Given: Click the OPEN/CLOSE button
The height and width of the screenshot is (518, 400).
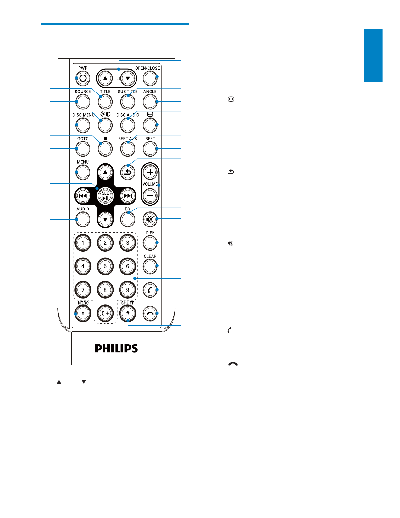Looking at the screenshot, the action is (x=150, y=78).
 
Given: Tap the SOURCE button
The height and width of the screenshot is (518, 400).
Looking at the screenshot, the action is (x=83, y=102).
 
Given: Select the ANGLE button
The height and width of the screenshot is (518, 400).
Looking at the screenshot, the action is (x=150, y=102).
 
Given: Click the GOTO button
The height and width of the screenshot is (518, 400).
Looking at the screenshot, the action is (x=83, y=149).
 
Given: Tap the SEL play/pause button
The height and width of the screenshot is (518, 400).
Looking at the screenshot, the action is (x=105, y=196).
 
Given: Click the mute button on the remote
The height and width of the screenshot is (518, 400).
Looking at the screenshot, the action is (x=150, y=219).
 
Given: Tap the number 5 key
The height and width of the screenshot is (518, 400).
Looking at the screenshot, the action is (x=105, y=266).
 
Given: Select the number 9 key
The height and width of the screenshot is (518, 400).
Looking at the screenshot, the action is (x=128, y=290).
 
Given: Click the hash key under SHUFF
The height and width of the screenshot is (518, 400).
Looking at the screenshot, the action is (x=128, y=313).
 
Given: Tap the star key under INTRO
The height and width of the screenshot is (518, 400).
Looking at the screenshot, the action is (x=83, y=313).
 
